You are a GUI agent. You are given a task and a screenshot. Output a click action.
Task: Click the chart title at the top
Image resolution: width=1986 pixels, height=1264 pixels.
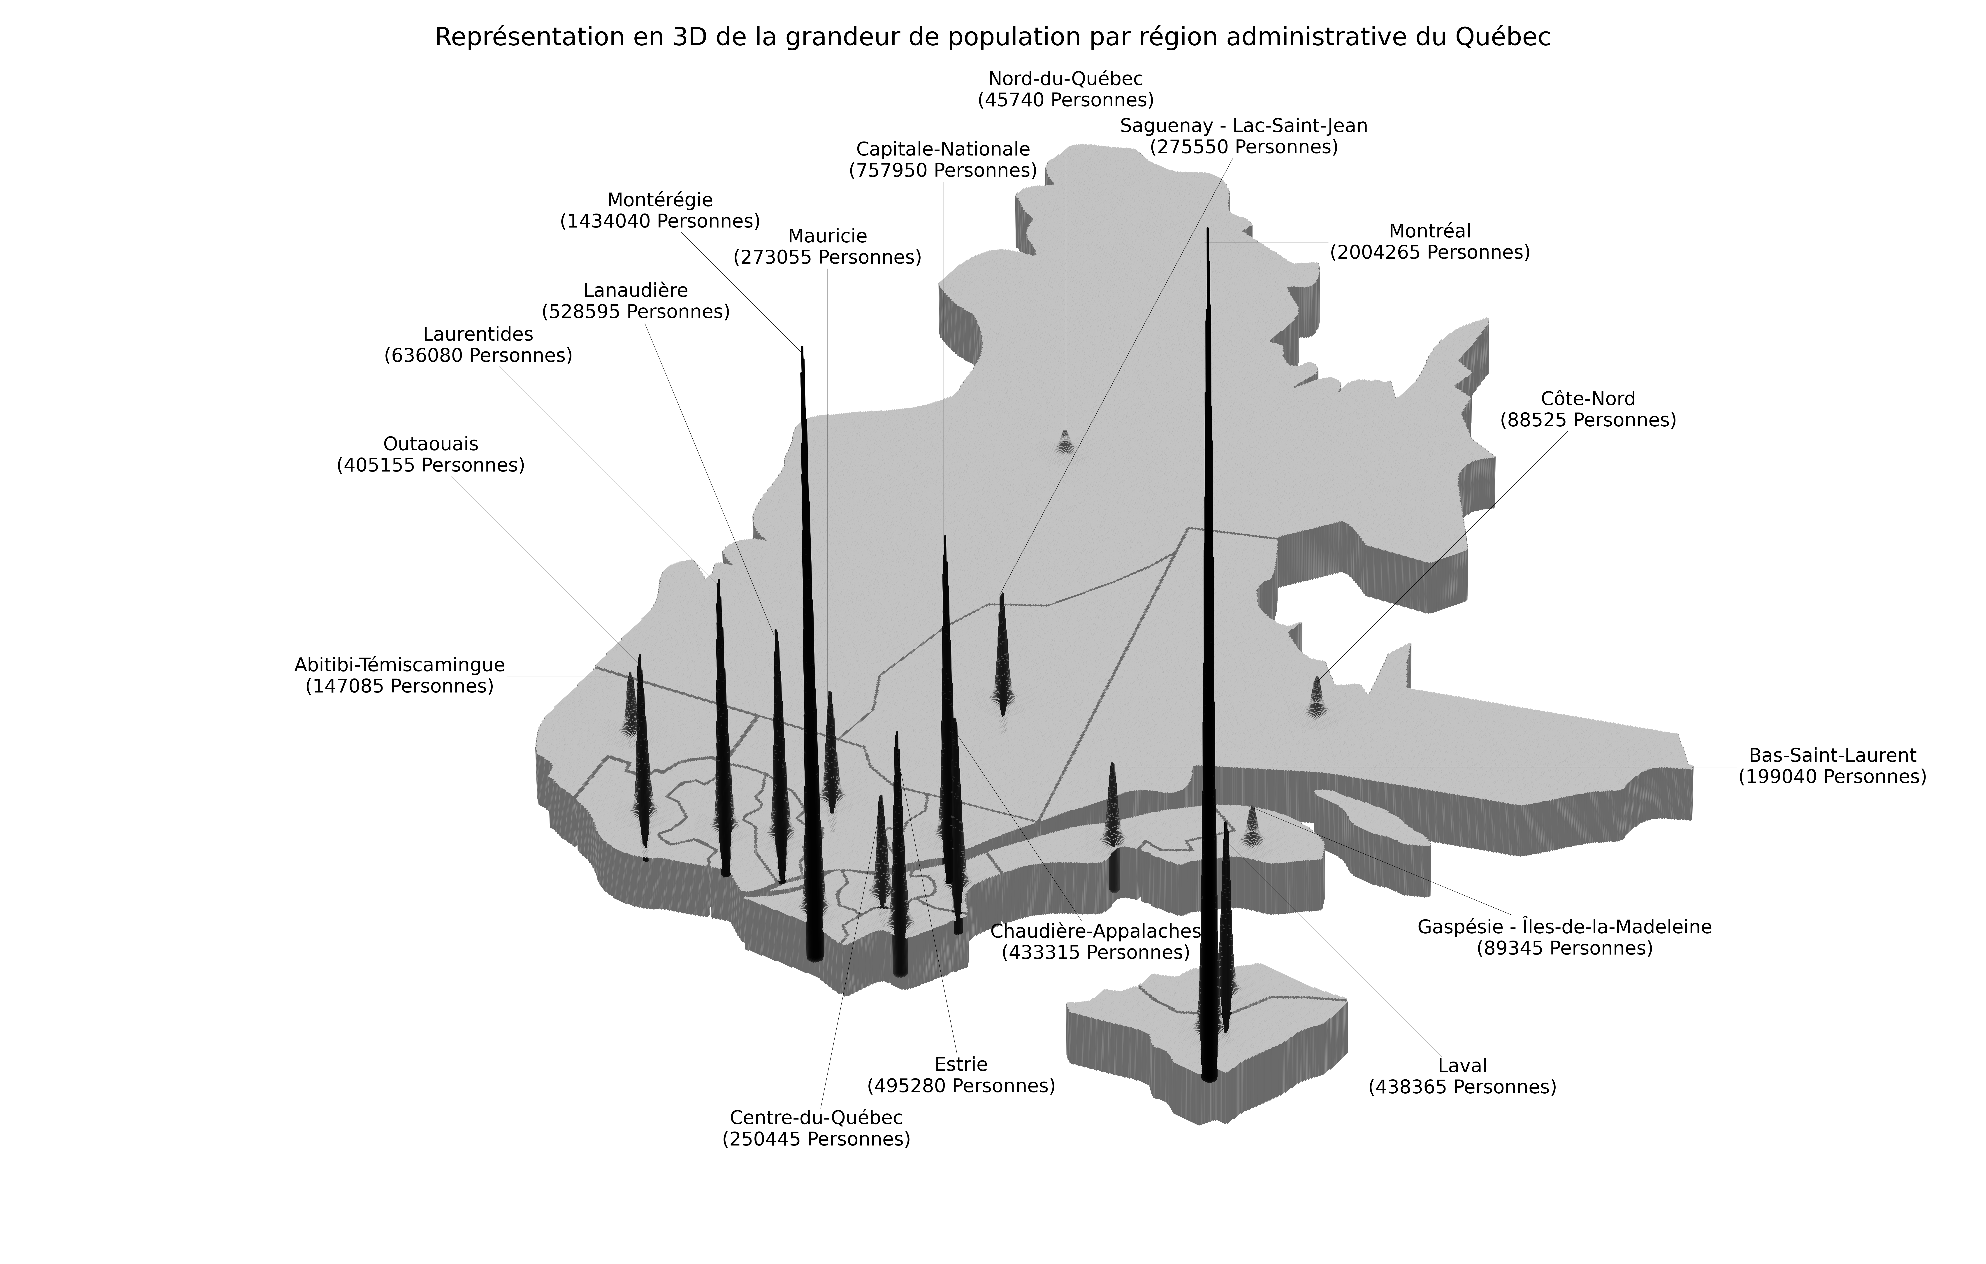tap(992, 37)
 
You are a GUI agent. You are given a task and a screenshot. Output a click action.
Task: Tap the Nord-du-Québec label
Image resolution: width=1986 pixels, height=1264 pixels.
tap(1066, 89)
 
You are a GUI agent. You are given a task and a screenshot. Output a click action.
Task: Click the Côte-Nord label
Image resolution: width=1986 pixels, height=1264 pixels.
tap(1588, 409)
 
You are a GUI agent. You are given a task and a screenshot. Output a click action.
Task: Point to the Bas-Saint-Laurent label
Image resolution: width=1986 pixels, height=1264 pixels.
tap(1832, 766)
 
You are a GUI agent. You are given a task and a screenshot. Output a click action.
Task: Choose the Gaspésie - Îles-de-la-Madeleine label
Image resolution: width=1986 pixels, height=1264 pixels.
tap(1564, 937)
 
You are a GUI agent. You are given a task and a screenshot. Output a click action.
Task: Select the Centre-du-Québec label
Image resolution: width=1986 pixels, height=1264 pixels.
tap(816, 1128)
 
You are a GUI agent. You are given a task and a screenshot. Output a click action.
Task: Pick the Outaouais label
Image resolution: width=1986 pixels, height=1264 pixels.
tap(431, 454)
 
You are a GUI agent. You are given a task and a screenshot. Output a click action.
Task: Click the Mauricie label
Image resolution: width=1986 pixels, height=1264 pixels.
tap(827, 246)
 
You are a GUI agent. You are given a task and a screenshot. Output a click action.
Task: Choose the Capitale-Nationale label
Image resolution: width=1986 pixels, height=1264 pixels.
tap(943, 159)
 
